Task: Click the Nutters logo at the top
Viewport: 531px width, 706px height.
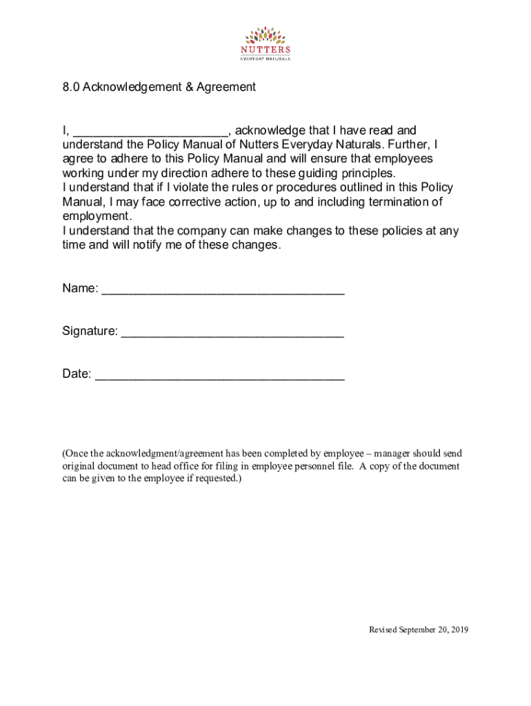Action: coord(265,43)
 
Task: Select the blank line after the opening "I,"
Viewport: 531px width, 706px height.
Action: coord(151,132)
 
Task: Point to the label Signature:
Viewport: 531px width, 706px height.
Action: coord(90,331)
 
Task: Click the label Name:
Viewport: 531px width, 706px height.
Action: coord(80,288)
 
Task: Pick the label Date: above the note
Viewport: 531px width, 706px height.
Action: coord(77,374)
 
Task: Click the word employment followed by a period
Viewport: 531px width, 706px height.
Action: coord(96,216)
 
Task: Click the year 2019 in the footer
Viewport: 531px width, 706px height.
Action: coord(458,629)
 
